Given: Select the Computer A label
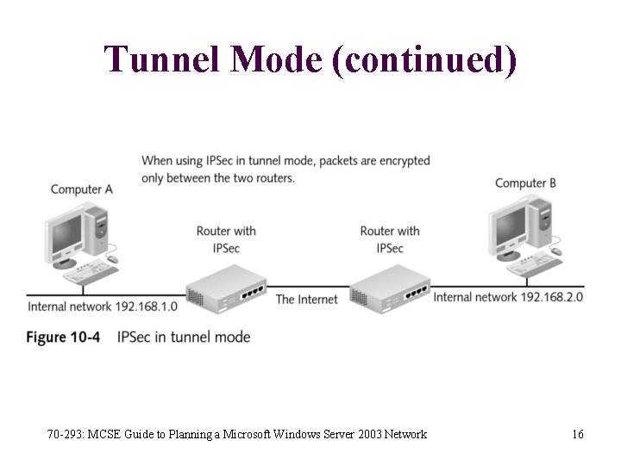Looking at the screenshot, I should coord(81,189).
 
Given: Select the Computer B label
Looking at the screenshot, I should coord(525,183).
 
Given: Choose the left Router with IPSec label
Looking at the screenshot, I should coord(226,239).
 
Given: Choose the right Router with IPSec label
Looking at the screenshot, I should coord(390,239).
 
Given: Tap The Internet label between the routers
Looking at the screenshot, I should coord(307,299).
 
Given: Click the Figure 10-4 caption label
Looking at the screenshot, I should coord(62,337).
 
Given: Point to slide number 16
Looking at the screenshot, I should coord(577,434).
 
